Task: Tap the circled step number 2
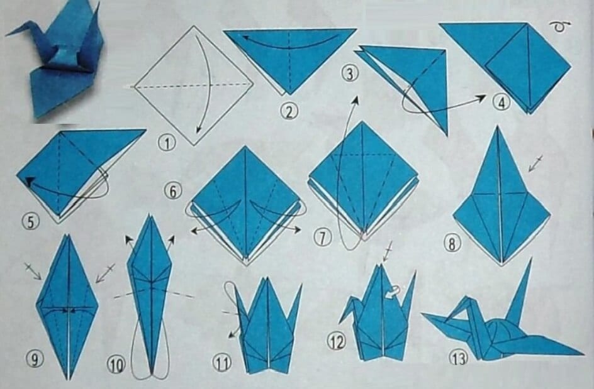(x=288, y=112)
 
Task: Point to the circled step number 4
(x=501, y=102)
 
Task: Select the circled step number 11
(x=221, y=362)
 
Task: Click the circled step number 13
(x=458, y=359)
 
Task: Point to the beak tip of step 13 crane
(x=423, y=315)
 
